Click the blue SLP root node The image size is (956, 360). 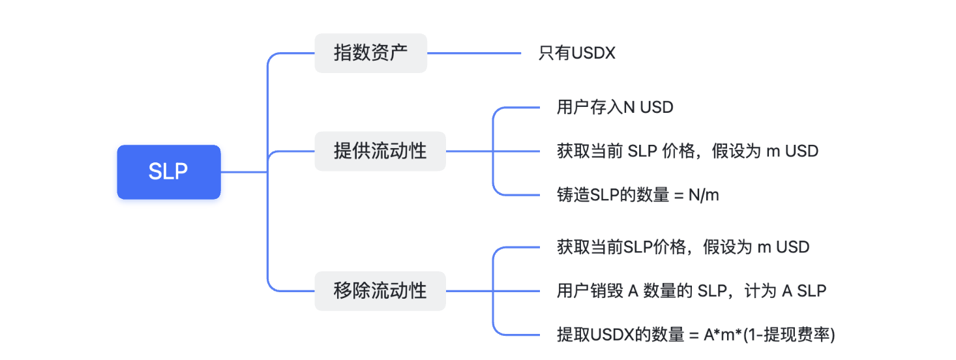pos(169,172)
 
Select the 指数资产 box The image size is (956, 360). pos(370,53)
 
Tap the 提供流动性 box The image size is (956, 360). pos(380,151)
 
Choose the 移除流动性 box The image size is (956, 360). pos(380,291)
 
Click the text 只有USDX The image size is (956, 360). pos(576,53)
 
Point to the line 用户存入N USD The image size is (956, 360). pos(614,108)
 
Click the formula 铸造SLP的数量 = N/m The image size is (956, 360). pos(637,194)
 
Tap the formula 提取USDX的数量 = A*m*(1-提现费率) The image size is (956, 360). pos(696,335)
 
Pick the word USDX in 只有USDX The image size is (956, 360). pos(593,53)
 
